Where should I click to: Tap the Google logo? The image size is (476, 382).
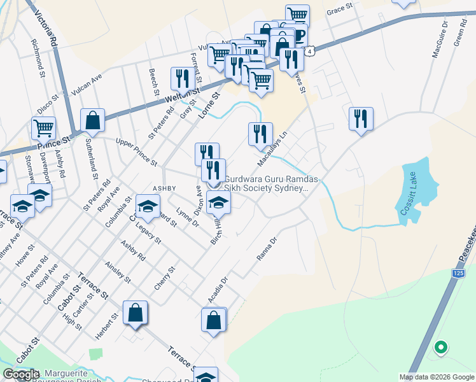click(20, 374)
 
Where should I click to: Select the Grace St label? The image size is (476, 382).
click(339, 10)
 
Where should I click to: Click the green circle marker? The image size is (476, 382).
click(440, 348)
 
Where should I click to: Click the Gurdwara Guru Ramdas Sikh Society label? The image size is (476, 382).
click(266, 183)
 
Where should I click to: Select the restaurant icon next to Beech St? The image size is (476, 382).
click(183, 78)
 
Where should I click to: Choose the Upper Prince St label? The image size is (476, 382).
click(136, 150)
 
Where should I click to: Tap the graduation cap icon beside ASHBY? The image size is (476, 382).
click(148, 206)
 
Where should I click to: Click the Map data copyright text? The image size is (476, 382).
click(437, 377)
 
